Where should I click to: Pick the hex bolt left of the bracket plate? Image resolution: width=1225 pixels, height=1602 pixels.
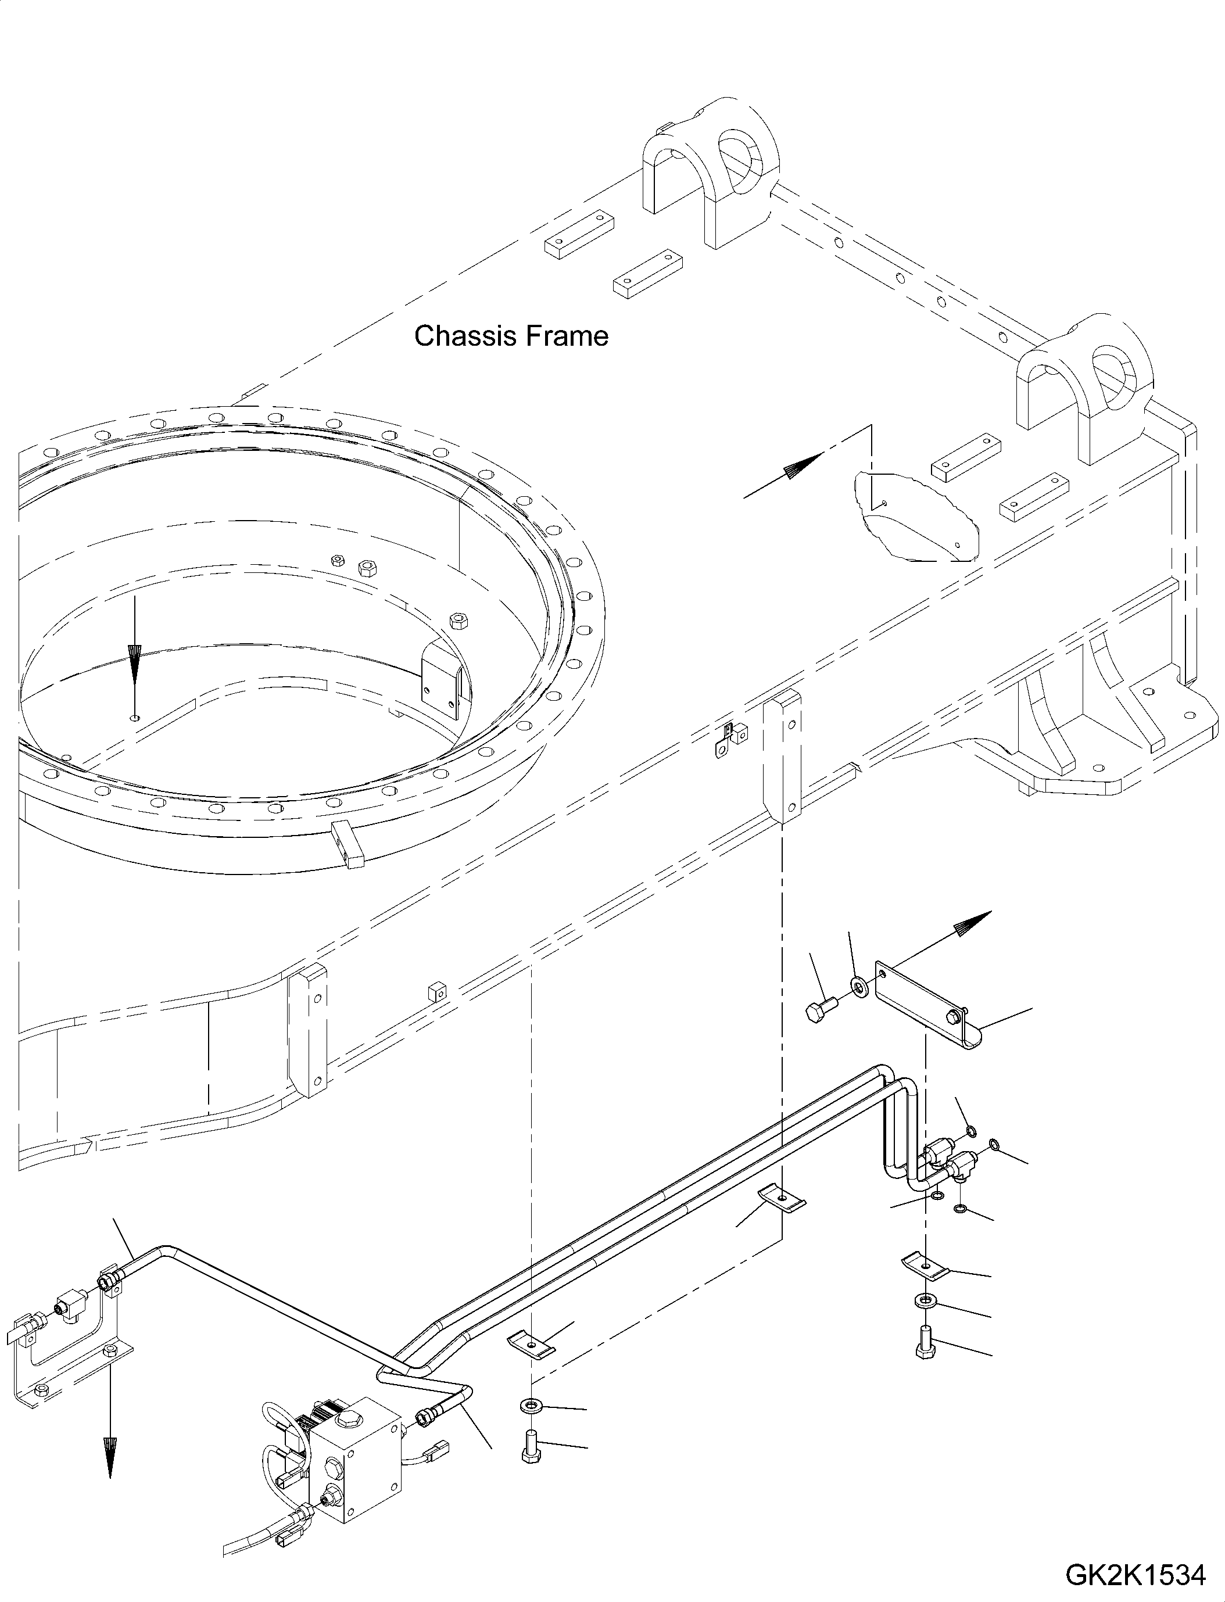(x=821, y=1012)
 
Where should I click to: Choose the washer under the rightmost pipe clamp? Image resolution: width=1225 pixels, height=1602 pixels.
(x=924, y=1299)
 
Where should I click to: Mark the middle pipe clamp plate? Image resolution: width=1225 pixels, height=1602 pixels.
(x=782, y=1199)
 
